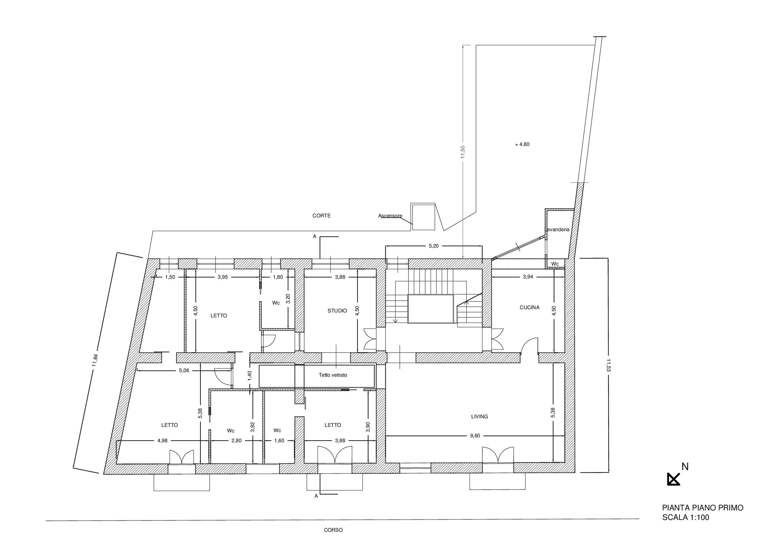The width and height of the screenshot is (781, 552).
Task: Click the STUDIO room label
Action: coord(337,310)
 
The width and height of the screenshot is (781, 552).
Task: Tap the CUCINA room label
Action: coord(529,307)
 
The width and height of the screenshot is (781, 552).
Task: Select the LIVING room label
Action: coord(480,416)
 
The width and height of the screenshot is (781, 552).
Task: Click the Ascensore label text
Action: coord(390,216)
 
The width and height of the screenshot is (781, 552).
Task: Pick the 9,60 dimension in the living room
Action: coord(475,436)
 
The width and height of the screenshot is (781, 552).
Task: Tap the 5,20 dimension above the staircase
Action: coord(434,246)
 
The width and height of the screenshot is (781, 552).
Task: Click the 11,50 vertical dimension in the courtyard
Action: coord(463,152)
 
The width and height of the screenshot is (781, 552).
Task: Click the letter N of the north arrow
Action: coord(685,467)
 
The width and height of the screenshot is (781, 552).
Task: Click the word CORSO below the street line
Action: coord(333,530)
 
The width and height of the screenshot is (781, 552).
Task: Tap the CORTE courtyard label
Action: coord(321,216)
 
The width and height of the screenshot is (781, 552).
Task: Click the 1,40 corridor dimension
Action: coord(250,375)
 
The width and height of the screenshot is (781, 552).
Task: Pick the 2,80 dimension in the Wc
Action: coord(236,440)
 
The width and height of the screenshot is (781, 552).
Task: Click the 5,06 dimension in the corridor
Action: coord(184,370)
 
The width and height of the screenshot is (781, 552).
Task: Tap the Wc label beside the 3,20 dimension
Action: coord(276,303)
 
